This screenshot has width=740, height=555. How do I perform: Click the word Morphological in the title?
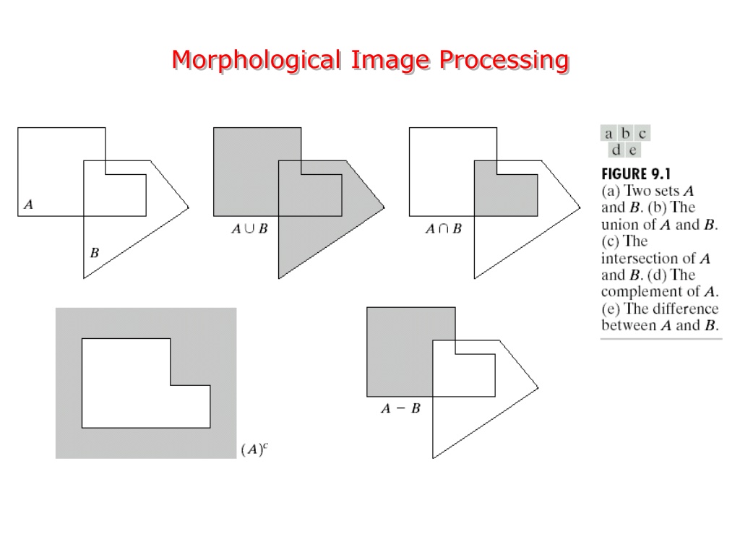[x=257, y=61]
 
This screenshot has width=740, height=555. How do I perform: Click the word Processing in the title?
[x=504, y=61]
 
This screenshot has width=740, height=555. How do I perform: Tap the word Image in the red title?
[x=390, y=61]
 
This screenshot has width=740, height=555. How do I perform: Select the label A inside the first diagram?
[x=28, y=205]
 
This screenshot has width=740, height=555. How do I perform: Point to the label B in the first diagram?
[x=95, y=253]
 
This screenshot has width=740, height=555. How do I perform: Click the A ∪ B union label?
[x=249, y=229]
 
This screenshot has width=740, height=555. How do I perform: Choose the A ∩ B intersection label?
[x=444, y=229]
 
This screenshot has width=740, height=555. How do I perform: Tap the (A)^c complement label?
[x=254, y=449]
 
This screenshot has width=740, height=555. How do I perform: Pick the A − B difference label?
[x=400, y=408]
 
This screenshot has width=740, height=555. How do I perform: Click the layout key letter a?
[x=608, y=134]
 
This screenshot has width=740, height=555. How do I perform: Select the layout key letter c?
[x=642, y=134]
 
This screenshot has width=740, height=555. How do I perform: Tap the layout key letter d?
[x=616, y=150]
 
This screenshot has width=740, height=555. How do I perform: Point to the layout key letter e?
[x=632, y=150]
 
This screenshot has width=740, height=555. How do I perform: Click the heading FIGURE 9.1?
[x=636, y=174]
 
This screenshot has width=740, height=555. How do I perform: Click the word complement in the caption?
[x=643, y=292]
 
